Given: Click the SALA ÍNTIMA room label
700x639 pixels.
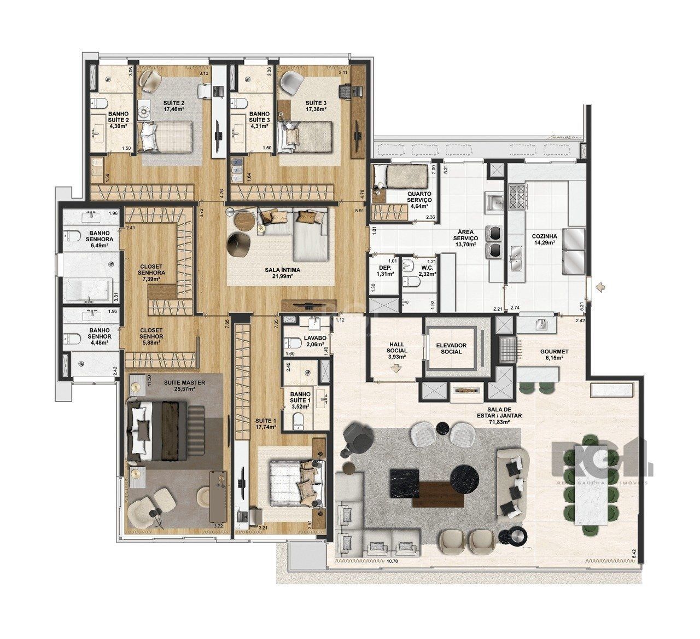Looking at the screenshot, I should [x=280, y=269].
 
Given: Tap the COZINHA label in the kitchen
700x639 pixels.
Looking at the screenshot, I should [x=544, y=237].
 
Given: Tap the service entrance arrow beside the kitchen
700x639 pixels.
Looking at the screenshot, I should [x=600, y=286].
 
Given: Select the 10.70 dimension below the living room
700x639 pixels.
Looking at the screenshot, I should [x=392, y=561].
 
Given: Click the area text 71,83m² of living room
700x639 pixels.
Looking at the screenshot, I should [x=499, y=422].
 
